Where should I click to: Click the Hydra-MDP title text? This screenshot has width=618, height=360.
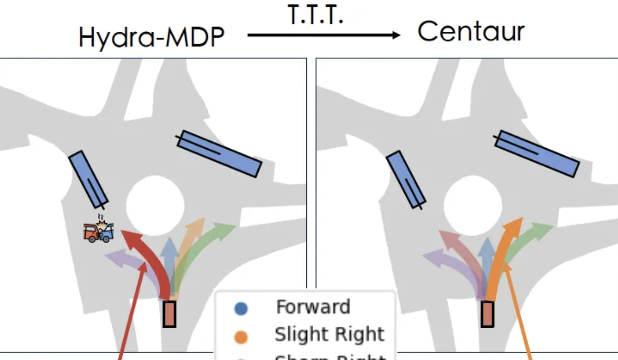click(x=151, y=38)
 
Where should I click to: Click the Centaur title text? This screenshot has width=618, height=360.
click(x=471, y=32)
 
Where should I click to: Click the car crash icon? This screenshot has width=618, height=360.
click(x=99, y=231)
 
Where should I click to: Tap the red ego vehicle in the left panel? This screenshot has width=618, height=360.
click(x=169, y=313)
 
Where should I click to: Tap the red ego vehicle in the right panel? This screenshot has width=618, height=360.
click(x=487, y=313)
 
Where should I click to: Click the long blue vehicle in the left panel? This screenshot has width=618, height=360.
click(x=219, y=154)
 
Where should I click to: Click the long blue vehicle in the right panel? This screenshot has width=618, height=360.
click(x=537, y=154)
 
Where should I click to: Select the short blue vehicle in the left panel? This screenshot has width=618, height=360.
click(x=88, y=179)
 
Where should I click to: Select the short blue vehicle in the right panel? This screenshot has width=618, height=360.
click(x=406, y=179)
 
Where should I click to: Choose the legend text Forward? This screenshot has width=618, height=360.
click(x=313, y=307)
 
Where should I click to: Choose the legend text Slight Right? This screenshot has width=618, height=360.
click(x=329, y=334)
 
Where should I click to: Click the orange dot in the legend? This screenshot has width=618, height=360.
click(x=241, y=336)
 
